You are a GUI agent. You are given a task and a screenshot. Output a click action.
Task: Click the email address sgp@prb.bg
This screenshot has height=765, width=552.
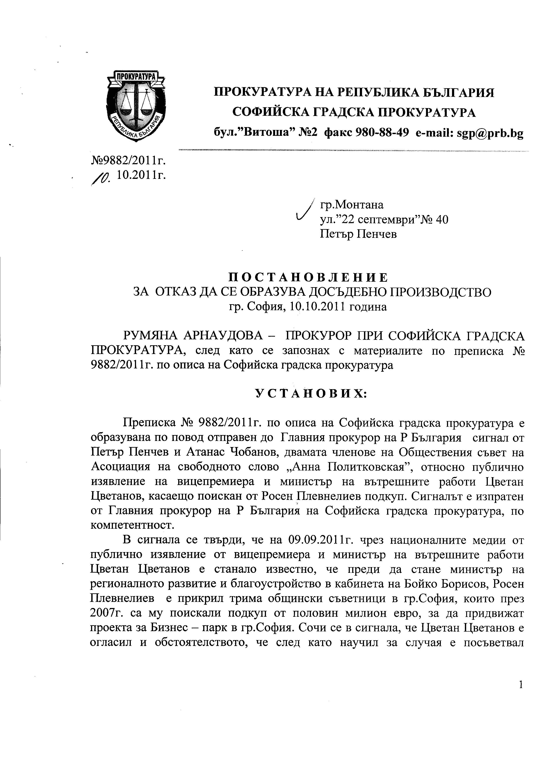[490, 134]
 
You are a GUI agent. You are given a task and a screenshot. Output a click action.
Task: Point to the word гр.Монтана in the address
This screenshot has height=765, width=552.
[352, 205]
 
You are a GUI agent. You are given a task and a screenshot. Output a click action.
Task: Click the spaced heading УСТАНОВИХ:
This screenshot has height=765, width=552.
[310, 394]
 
